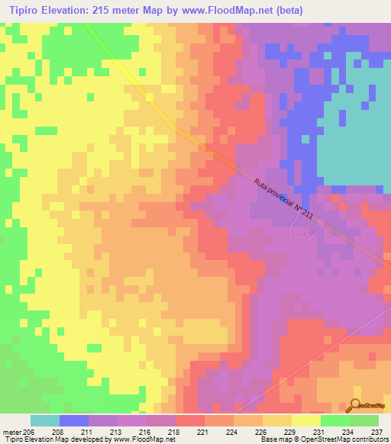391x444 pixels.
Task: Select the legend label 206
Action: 29,433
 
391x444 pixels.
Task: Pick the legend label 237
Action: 374,433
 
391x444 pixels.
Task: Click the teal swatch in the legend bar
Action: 45,420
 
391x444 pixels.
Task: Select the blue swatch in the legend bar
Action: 74,420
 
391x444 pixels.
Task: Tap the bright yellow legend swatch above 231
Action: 305,420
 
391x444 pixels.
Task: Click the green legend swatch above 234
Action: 334,420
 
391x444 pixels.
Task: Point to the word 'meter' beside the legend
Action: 11,433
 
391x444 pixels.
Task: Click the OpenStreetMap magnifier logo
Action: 356,406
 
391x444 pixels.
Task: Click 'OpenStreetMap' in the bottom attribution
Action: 326,440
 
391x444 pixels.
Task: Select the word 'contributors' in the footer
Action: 370,440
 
